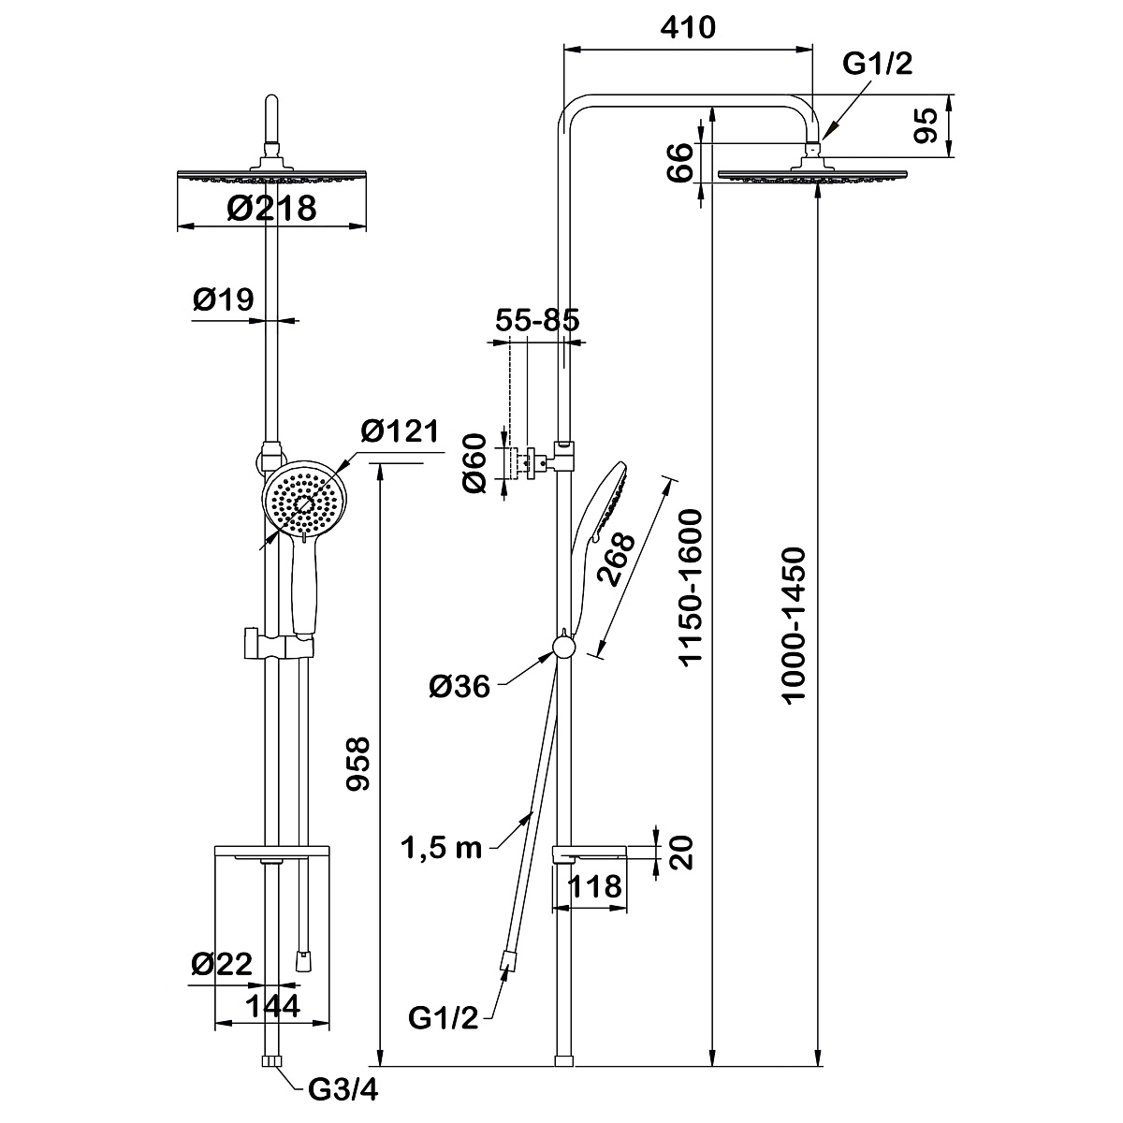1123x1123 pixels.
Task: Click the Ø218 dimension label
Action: (x=272, y=208)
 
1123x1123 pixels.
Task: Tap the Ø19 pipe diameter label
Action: (x=224, y=299)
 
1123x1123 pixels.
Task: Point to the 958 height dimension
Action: (x=359, y=764)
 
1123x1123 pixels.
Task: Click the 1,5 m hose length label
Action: (x=441, y=848)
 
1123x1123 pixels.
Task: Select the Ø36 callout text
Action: (x=459, y=688)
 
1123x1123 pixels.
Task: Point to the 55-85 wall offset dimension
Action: (x=537, y=319)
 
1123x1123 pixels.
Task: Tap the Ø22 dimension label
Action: (x=222, y=965)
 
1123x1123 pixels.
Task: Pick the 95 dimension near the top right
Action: (x=926, y=124)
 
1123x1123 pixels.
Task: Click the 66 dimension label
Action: (x=682, y=160)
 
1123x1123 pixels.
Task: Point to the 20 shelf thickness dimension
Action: (x=684, y=853)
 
